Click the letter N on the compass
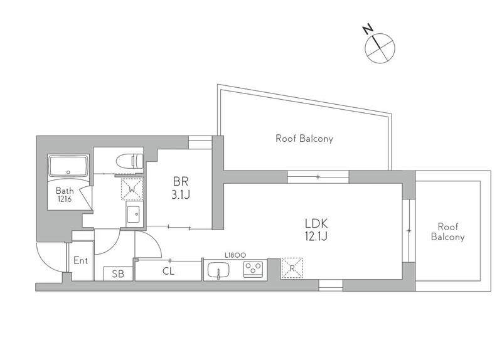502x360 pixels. (368, 29)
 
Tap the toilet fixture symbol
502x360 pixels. (129, 161)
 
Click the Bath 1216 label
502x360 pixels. (65, 194)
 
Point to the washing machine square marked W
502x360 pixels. (132, 189)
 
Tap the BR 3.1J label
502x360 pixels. (181, 188)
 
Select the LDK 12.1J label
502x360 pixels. (316, 230)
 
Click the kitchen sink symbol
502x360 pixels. (218, 270)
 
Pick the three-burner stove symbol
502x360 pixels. (253, 269)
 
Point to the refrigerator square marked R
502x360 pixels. (292, 268)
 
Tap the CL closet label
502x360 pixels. (168, 272)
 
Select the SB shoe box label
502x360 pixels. (118, 274)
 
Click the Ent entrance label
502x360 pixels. (80, 260)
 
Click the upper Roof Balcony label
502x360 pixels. (304, 139)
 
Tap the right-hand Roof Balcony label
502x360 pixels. (447, 231)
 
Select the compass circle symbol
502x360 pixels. (380, 48)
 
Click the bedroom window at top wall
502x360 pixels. (200, 142)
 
